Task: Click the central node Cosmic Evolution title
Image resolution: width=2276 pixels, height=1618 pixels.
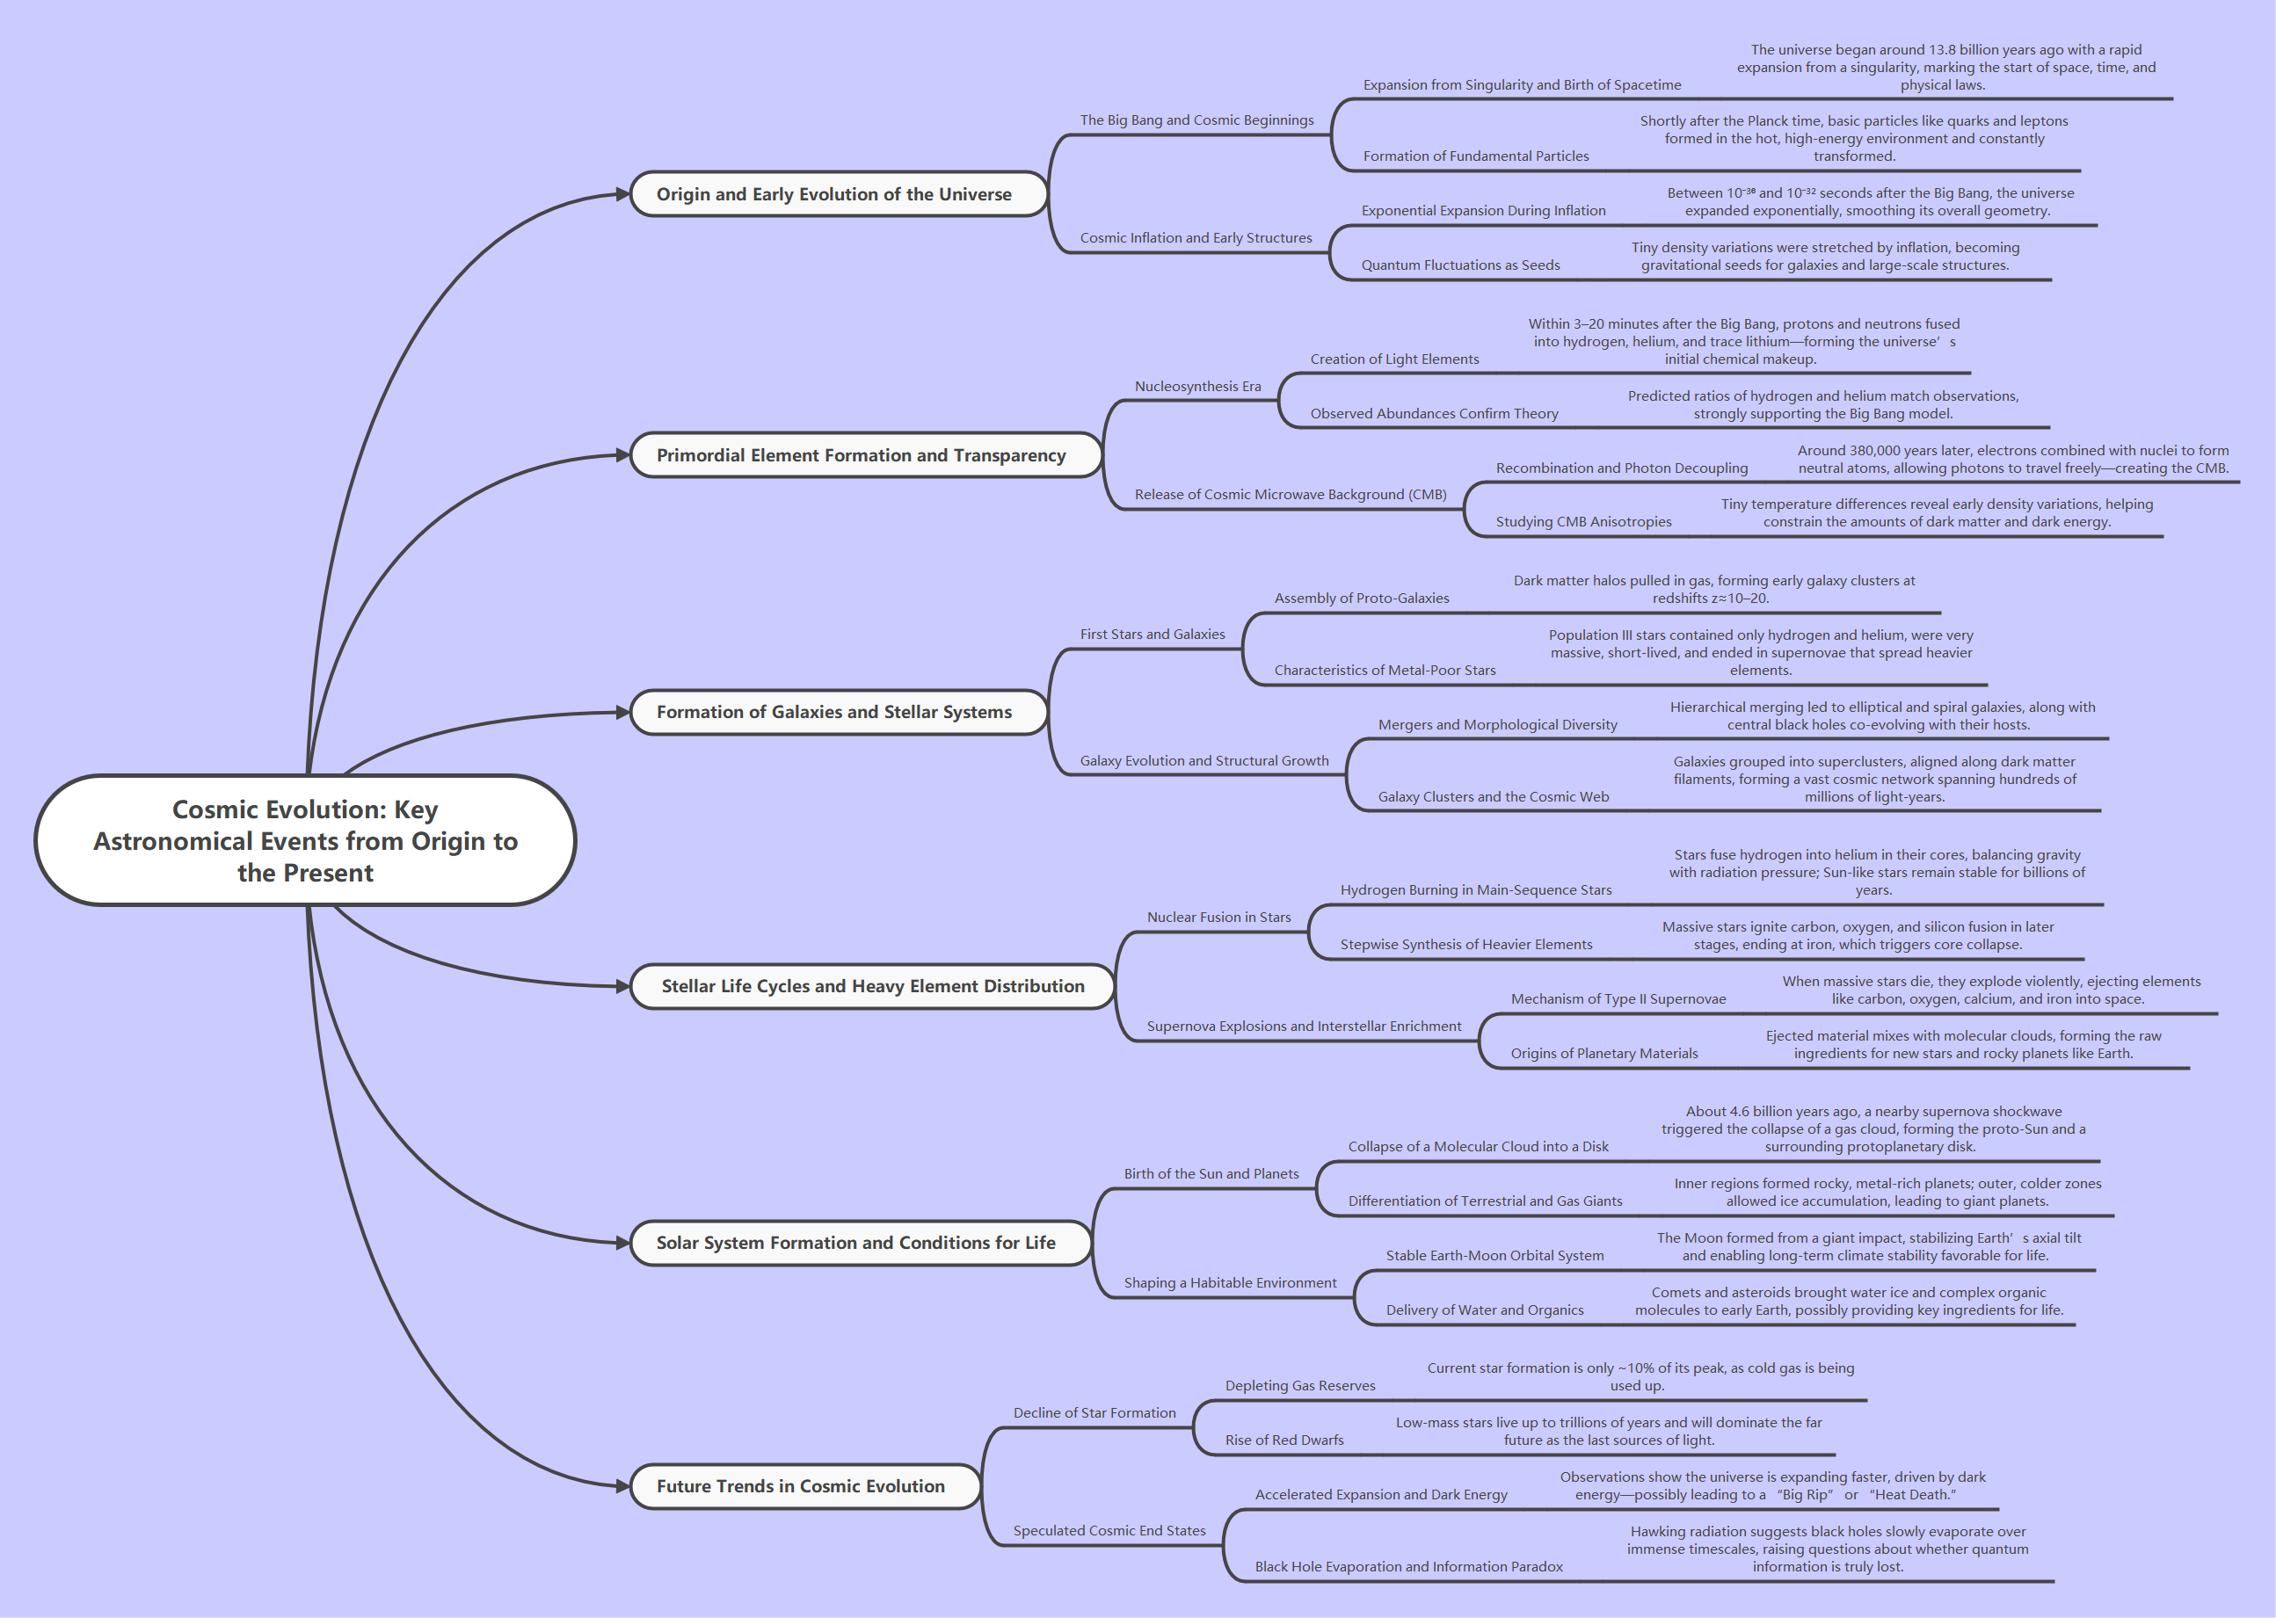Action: (305, 840)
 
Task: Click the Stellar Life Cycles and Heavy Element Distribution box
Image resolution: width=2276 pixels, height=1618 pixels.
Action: (872, 986)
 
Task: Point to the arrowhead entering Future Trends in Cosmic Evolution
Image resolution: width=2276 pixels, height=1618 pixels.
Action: (622, 1486)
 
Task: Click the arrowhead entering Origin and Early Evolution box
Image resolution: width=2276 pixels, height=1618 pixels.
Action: (622, 194)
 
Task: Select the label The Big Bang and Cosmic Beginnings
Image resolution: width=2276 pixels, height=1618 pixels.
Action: (1196, 120)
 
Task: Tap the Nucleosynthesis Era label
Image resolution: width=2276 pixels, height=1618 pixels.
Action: (1198, 387)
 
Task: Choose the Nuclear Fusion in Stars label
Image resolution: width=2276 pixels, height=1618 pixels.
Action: (1218, 918)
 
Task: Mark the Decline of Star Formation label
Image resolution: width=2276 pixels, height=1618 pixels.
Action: (1094, 1412)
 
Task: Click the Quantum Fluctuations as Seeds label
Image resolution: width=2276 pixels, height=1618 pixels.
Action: (1461, 265)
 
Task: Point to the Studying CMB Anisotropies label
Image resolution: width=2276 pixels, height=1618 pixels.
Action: (1583, 522)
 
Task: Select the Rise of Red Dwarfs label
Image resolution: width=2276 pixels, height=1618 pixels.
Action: (1284, 1440)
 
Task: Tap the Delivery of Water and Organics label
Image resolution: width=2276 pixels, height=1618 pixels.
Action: (1485, 1310)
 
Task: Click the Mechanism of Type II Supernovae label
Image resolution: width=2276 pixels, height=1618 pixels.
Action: (1618, 999)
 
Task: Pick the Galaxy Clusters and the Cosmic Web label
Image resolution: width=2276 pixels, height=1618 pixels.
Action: (1493, 797)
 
